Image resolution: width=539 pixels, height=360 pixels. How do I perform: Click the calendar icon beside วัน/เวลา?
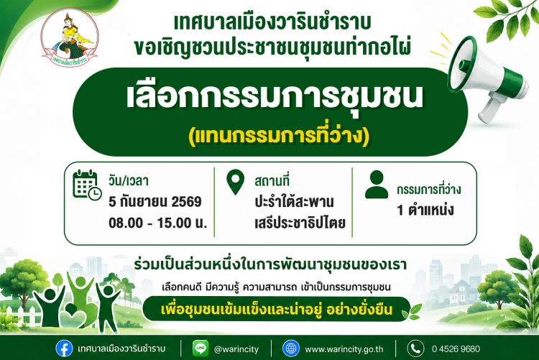coord(87,185)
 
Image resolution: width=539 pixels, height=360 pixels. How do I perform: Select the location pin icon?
coord(236,183)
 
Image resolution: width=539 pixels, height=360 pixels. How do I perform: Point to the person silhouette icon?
coord(377,184)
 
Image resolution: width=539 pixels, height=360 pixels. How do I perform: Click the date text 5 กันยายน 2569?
coord(155,201)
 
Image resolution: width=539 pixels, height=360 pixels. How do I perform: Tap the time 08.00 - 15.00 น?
coord(158,223)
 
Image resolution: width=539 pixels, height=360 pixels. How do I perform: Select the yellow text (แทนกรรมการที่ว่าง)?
coord(279,137)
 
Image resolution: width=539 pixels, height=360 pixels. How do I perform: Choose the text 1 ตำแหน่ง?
coord(425,210)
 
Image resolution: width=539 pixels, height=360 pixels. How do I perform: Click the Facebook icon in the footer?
coord(64,349)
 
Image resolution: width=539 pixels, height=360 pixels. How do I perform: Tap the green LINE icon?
coord(201,349)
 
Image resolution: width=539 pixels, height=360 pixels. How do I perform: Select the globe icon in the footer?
coord(291,349)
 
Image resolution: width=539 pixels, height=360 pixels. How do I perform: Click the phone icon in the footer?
coord(415,349)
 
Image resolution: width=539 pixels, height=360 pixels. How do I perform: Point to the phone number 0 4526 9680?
coord(456,349)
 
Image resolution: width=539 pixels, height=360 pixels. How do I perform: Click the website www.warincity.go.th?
coord(344,349)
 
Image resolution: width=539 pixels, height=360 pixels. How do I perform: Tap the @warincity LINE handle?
coord(236,349)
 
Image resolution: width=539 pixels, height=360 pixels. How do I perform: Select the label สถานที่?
coord(272,181)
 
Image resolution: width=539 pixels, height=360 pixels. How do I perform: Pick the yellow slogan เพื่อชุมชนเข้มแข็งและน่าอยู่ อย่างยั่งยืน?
coord(277,310)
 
